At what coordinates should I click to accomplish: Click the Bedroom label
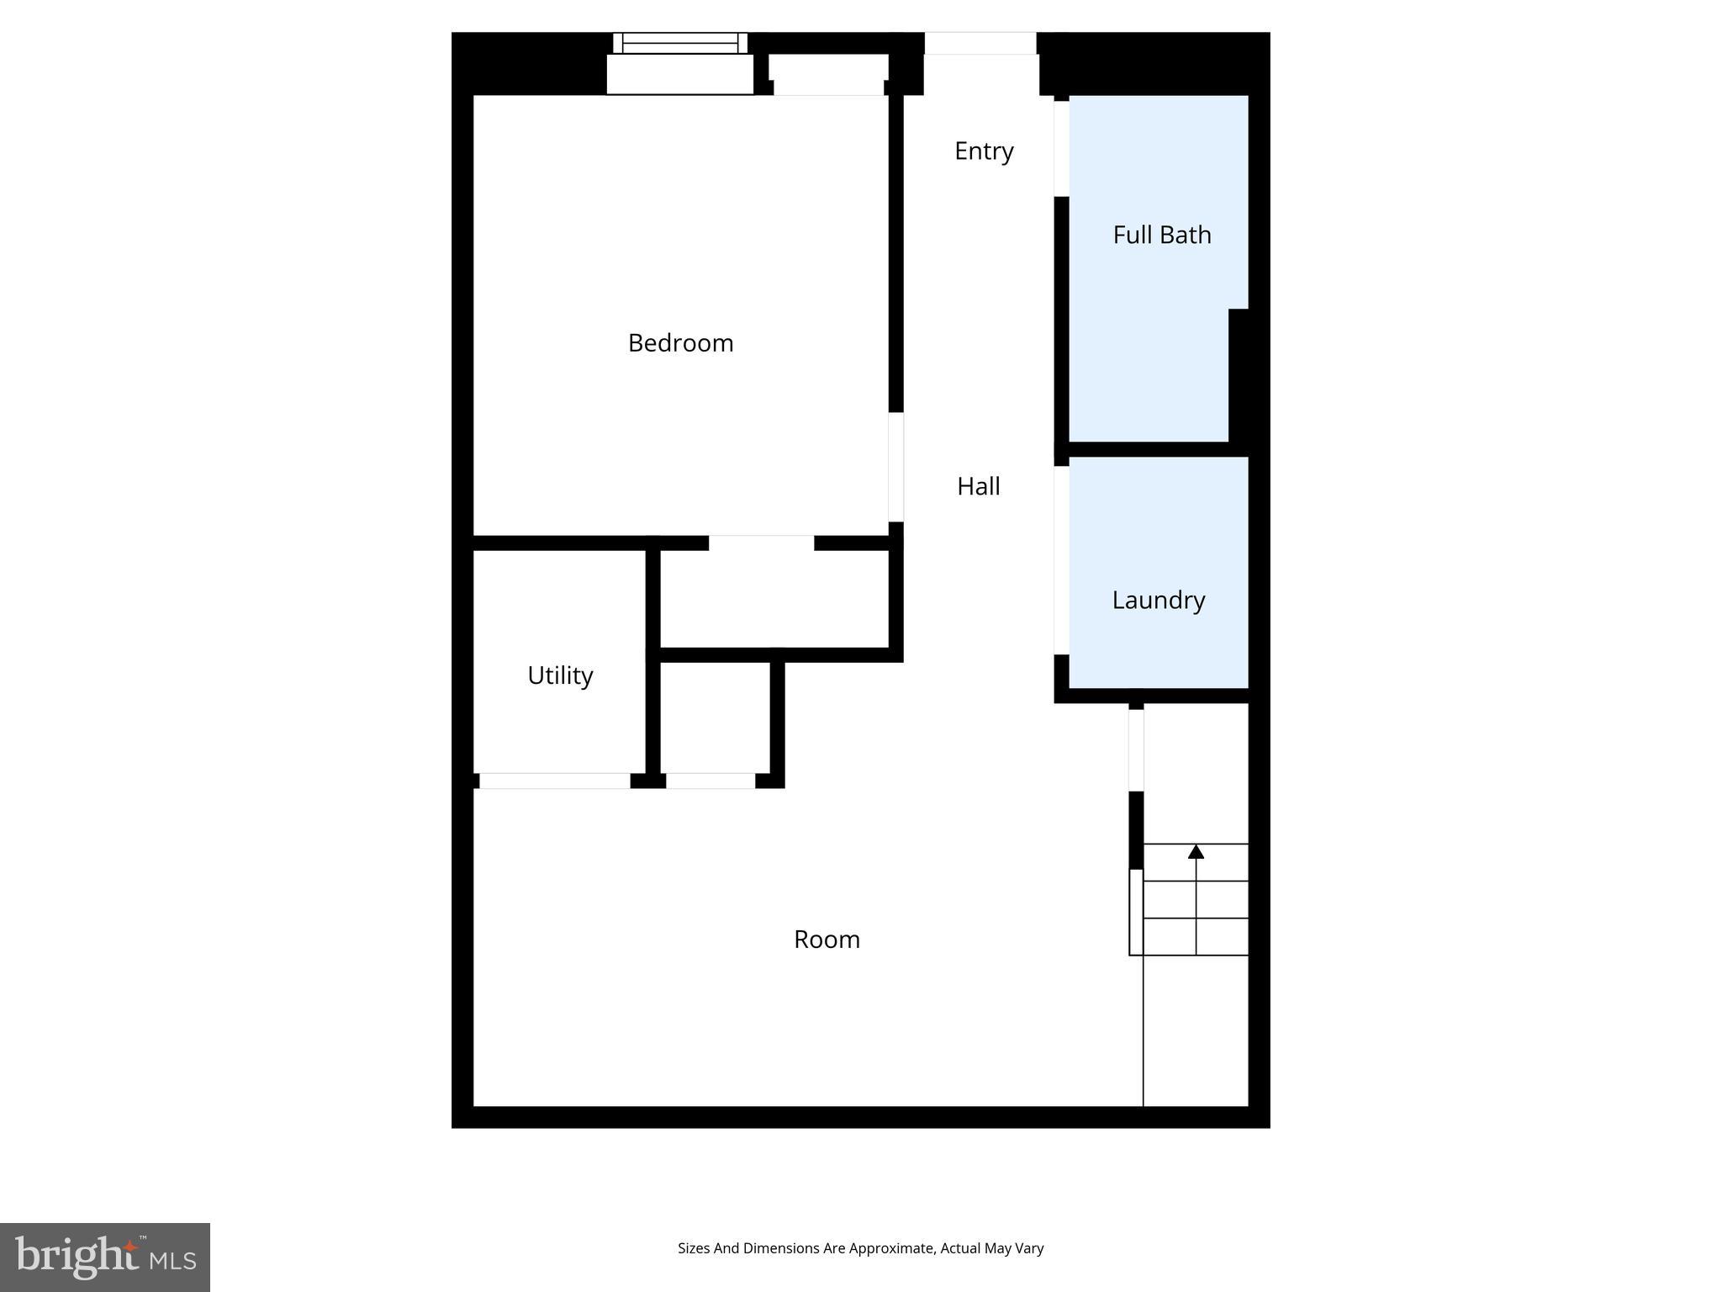click(x=680, y=343)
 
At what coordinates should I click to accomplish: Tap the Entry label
click(x=984, y=151)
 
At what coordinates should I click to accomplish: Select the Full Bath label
click(x=1161, y=235)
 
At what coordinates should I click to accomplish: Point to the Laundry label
click(x=1158, y=600)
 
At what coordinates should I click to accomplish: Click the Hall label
click(x=978, y=486)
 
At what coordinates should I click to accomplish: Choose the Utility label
click(x=560, y=675)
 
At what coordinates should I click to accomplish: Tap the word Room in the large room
click(x=827, y=940)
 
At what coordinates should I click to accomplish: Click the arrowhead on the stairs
click(x=1196, y=852)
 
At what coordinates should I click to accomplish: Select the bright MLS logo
click(x=105, y=1257)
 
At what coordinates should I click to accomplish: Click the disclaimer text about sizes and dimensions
click(x=860, y=1248)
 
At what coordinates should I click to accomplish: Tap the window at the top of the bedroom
click(x=679, y=43)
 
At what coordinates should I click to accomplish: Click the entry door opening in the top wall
click(x=980, y=44)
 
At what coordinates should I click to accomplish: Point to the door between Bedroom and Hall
click(x=896, y=467)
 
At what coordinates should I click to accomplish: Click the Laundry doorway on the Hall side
click(x=1062, y=560)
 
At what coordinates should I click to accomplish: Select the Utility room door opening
click(x=554, y=781)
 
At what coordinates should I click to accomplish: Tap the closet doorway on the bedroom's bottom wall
click(x=761, y=543)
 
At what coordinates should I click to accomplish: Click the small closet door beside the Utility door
click(x=710, y=781)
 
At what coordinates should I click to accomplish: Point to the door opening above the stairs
click(x=1136, y=749)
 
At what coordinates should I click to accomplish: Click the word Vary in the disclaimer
click(x=1029, y=1248)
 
